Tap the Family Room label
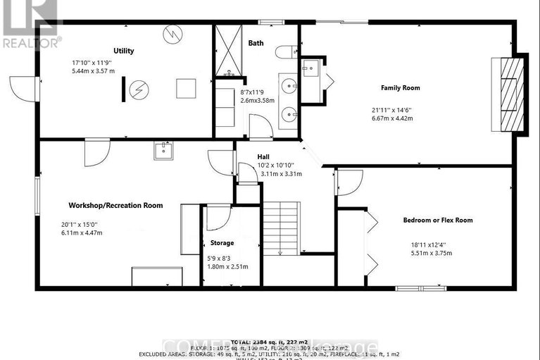(401, 88)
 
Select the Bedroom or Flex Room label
(437, 220)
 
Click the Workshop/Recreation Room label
(115, 206)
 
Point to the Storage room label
(222, 243)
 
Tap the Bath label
(256, 43)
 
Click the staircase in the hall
(282, 227)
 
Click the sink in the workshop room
(163, 149)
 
